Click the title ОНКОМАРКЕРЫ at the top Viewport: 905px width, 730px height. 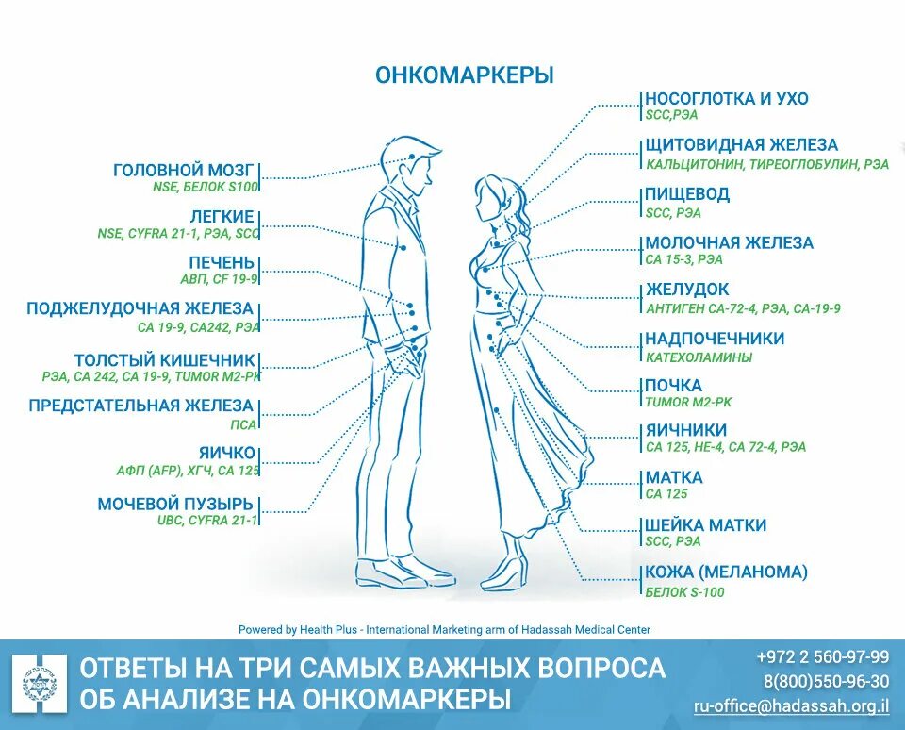[465, 75]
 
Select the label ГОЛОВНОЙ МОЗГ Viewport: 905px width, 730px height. [184, 171]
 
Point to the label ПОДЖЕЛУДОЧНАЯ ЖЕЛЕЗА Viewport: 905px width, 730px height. [140, 308]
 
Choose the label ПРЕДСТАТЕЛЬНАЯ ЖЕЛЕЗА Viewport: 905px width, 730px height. [141, 406]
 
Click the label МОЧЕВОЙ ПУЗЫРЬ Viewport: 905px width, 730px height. [176, 504]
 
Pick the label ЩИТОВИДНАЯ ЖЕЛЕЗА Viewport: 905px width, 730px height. [741, 145]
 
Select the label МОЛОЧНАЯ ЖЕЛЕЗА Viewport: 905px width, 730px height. [729, 242]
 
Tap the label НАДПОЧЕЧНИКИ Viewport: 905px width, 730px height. [715, 339]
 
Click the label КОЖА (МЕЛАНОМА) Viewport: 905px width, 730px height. [727, 572]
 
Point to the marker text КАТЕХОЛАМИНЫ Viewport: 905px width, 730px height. [699, 357]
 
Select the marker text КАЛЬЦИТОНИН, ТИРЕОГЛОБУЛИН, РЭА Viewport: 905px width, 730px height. [767, 164]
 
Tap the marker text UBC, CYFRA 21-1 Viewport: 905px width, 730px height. [207, 520]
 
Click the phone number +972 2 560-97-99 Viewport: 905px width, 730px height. [823, 656]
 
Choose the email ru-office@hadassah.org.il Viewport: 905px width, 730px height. [791, 705]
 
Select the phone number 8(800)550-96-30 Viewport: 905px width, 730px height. [827, 681]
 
